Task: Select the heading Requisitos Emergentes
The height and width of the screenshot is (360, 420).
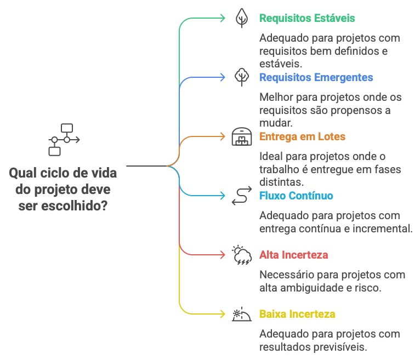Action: pos(316,77)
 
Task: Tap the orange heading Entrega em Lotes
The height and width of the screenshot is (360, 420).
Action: pos(303,136)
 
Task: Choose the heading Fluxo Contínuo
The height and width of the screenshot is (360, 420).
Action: pos(296,196)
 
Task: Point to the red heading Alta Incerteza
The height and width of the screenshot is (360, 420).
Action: pos(293,255)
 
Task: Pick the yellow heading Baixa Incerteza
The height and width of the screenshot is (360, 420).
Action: pos(297,314)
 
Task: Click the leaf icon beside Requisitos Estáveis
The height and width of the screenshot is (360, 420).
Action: pos(241,18)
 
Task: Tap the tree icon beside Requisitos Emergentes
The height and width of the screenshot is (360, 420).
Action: pos(241,77)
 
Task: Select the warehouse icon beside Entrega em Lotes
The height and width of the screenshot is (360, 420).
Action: pos(241,136)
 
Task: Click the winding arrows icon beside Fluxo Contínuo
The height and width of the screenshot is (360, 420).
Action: pos(241,196)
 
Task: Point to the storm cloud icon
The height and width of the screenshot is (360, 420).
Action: pos(241,255)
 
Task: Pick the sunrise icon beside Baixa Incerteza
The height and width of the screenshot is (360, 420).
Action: pos(241,314)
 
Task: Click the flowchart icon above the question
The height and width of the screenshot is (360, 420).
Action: pos(63,140)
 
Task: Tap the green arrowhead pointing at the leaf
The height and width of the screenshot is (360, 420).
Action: pos(222,18)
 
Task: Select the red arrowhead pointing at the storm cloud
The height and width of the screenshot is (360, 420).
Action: pos(222,255)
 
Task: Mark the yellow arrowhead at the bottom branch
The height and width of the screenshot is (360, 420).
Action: pos(222,314)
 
